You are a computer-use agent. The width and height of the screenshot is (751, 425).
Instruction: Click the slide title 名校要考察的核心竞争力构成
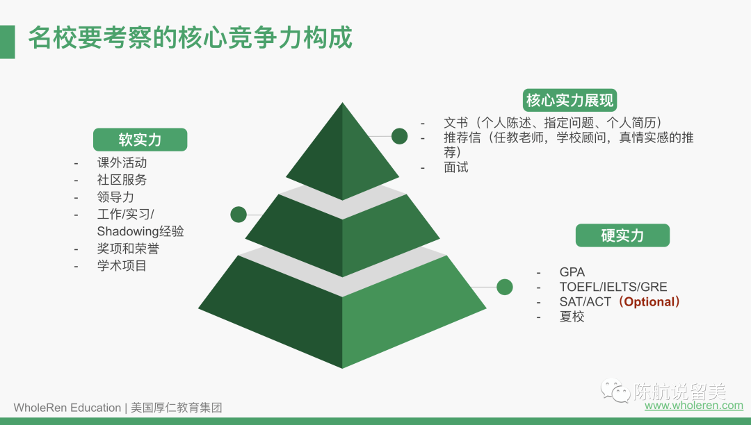pyautogui.click(x=191, y=37)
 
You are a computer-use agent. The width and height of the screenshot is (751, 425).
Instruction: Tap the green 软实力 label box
pyautogui.click(x=140, y=140)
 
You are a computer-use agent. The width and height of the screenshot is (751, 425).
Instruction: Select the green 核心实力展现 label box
pyautogui.click(x=570, y=101)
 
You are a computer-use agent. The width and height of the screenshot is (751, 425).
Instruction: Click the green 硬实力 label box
pyautogui.click(x=622, y=235)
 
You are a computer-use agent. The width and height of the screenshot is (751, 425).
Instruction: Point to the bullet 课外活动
pyautogui.click(x=122, y=162)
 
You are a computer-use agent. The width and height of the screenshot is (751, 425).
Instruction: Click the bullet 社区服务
pyautogui.click(x=122, y=180)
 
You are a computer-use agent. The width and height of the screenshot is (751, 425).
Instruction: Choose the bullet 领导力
pyautogui.click(x=116, y=197)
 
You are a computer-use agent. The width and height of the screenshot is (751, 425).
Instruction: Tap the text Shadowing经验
pyautogui.click(x=140, y=231)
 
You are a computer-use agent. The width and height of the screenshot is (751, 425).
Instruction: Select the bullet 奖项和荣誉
pyautogui.click(x=129, y=249)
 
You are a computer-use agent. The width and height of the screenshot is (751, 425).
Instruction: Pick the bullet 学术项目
pyautogui.click(x=122, y=266)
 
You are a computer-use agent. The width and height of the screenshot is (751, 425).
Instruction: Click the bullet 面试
pyautogui.click(x=456, y=167)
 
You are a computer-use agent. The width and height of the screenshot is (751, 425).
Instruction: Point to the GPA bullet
pyautogui.click(x=572, y=272)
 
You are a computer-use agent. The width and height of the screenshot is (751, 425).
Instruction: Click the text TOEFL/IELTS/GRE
pyautogui.click(x=613, y=287)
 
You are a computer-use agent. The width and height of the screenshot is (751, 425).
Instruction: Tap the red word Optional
pyautogui.click(x=649, y=301)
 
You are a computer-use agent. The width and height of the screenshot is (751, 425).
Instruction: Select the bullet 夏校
pyautogui.click(x=572, y=317)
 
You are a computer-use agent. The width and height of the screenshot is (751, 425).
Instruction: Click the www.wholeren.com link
pyautogui.click(x=694, y=406)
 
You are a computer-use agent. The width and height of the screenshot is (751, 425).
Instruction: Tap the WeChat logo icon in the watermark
pyautogui.click(x=615, y=390)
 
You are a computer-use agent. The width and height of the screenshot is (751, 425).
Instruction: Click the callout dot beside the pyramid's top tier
pyautogui.click(x=399, y=136)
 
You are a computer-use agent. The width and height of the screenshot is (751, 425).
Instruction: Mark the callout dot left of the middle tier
pyautogui.click(x=239, y=215)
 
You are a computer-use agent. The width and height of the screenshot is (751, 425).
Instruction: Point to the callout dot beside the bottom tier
pyautogui.click(x=505, y=287)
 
